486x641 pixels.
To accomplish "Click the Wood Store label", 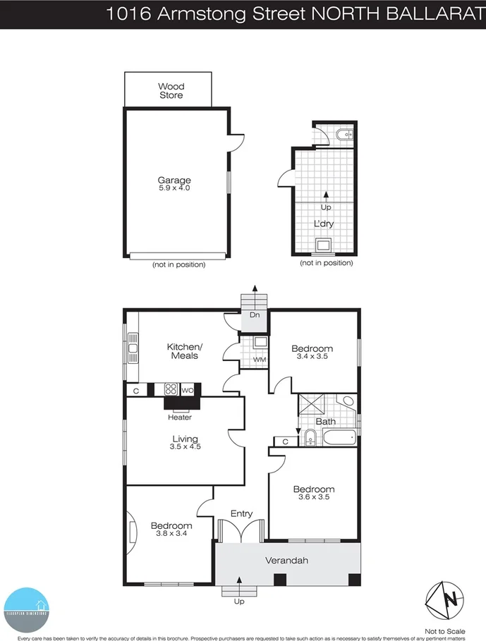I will pos(171,91).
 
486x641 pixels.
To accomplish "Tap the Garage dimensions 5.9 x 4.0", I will pos(174,188).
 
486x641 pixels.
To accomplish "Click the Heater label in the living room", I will pos(180,417).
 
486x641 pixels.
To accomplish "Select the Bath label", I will pos(325,422).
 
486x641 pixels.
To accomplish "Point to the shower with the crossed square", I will pos(310,406).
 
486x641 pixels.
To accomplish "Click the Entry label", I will pos(241,514).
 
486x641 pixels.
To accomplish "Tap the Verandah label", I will pos(286,561).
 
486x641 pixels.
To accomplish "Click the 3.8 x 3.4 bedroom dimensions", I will pos(171,534).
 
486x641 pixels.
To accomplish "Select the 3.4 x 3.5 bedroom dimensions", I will pos(313,358).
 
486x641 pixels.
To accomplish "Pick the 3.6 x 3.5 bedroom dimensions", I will pos(314,497).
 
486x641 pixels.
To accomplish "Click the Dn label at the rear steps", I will pos(255,315).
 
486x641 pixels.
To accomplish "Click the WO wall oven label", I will pos(187,389).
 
